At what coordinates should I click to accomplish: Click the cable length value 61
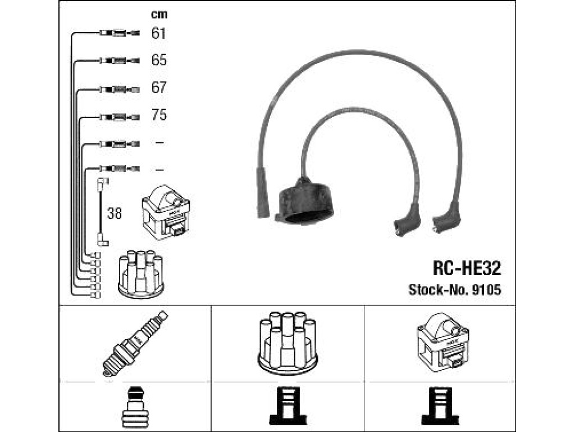tap(158, 33)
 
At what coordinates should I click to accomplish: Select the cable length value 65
tap(159, 60)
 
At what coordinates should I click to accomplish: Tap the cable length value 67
tap(159, 87)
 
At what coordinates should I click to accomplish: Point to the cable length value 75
tap(159, 115)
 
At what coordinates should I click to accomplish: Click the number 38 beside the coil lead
tap(115, 213)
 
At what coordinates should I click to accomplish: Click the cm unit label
tap(159, 15)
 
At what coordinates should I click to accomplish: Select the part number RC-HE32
tap(467, 268)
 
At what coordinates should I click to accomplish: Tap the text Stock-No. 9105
tap(455, 290)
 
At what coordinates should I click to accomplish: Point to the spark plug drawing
tap(135, 344)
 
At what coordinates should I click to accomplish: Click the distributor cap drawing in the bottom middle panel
tap(288, 344)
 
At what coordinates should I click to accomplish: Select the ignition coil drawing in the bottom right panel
tap(443, 343)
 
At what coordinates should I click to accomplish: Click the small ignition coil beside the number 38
tap(166, 212)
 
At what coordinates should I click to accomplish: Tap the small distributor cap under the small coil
tap(141, 274)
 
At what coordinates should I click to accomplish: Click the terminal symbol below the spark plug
tap(135, 407)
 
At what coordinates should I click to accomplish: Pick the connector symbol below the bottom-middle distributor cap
tap(288, 406)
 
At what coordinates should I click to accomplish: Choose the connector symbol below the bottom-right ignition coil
tap(440, 406)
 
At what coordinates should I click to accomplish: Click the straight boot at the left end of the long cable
tap(263, 193)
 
